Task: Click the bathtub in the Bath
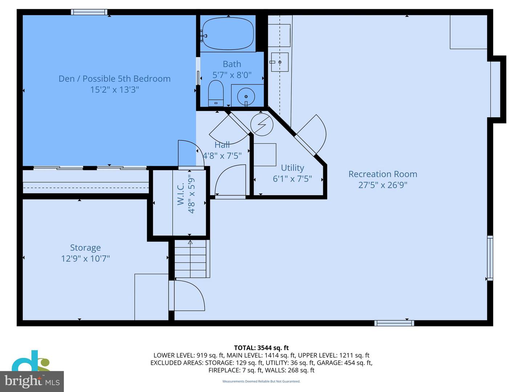click(x=228, y=33)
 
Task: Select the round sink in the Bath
click(x=246, y=96)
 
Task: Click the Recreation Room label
click(x=382, y=174)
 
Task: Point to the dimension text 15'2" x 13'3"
click(x=114, y=90)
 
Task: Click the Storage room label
click(x=85, y=248)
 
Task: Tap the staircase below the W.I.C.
click(x=190, y=258)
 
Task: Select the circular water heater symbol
click(x=262, y=124)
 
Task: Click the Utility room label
click(x=292, y=168)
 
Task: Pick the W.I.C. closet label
click(x=181, y=194)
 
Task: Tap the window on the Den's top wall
click(x=89, y=12)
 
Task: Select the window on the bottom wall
click(x=394, y=323)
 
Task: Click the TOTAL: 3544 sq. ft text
click(x=261, y=348)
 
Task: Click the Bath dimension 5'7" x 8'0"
click(x=232, y=75)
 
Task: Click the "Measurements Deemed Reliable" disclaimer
click(x=261, y=381)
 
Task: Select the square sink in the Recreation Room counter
click(x=279, y=62)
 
